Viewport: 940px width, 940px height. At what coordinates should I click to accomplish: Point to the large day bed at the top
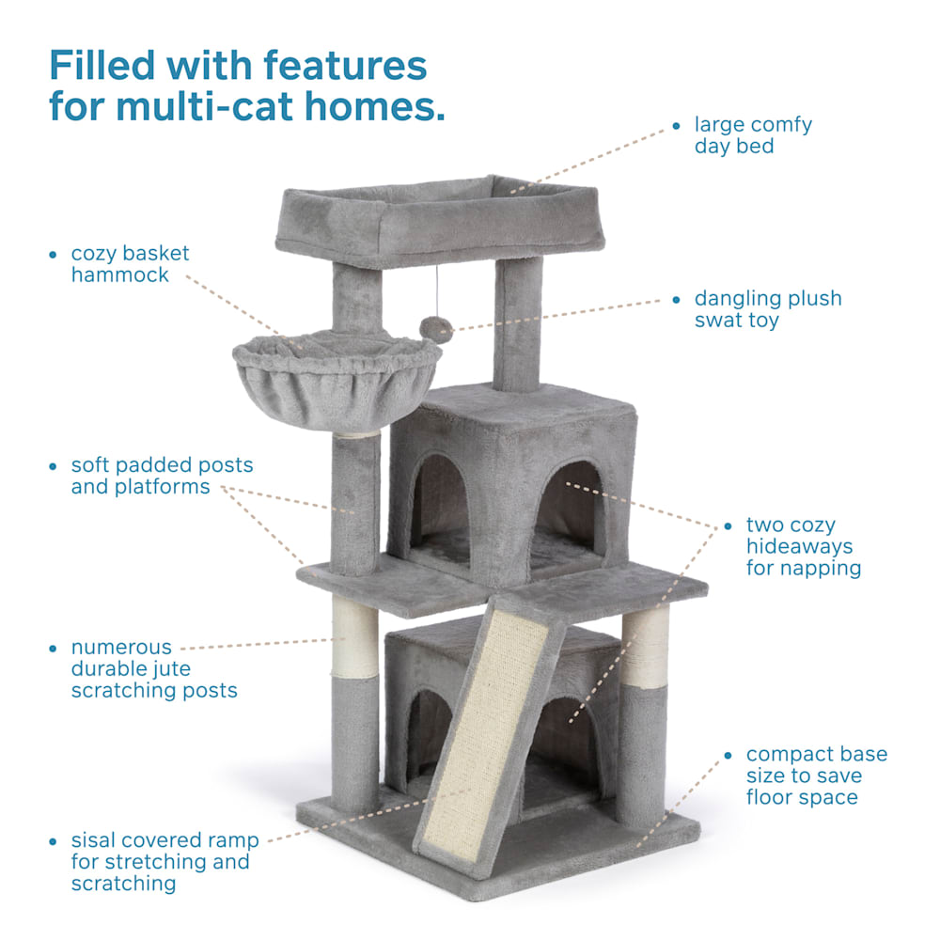(x=439, y=220)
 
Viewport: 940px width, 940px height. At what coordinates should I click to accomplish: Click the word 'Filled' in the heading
(x=102, y=65)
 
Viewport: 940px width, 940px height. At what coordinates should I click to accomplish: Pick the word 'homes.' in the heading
(x=375, y=106)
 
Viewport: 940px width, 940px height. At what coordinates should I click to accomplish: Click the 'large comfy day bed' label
(x=753, y=134)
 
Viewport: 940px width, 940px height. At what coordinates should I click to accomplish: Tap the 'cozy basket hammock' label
(x=130, y=264)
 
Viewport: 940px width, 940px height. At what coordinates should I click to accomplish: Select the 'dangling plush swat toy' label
(x=768, y=308)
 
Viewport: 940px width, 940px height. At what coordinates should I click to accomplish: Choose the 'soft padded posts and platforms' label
(x=162, y=476)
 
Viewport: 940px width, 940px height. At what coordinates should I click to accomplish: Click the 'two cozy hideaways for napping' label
(x=804, y=546)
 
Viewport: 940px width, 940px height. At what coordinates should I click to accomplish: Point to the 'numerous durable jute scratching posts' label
(x=154, y=668)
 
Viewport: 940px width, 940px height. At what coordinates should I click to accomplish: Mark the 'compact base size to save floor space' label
(x=817, y=775)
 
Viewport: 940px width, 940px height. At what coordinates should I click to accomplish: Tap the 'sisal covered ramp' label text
(x=164, y=861)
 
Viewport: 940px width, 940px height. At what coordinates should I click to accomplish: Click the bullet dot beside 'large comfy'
(x=676, y=126)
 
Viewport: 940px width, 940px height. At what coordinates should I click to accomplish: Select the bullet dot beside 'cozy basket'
(x=53, y=255)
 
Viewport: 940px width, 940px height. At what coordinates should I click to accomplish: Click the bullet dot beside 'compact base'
(x=728, y=756)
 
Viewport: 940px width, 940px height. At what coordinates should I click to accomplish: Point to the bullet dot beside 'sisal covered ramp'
(x=53, y=841)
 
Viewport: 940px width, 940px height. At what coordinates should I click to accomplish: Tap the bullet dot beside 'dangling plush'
(x=676, y=300)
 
